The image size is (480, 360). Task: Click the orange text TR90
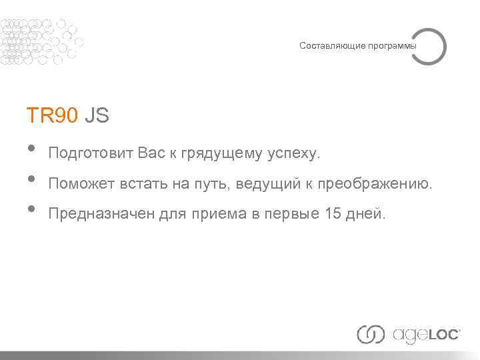(x=53, y=116)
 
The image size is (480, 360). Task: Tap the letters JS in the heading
(x=97, y=116)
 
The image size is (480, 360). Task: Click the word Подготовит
(x=91, y=154)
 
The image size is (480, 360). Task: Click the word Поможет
(x=80, y=183)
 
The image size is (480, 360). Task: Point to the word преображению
(x=375, y=183)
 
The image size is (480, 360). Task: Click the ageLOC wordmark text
(x=426, y=334)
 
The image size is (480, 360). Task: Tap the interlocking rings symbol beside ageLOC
(x=371, y=334)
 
